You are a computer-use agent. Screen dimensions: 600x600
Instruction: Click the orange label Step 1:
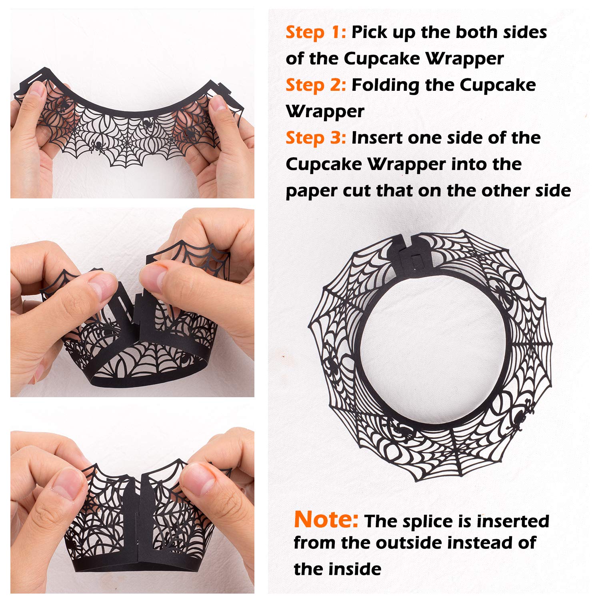(x=315, y=33)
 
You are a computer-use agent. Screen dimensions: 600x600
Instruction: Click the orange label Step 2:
(x=315, y=86)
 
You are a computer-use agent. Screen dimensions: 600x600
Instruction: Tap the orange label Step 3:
(x=315, y=138)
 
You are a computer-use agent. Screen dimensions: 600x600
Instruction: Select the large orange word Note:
(x=326, y=520)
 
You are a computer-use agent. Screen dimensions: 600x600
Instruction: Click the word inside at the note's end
(x=357, y=569)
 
